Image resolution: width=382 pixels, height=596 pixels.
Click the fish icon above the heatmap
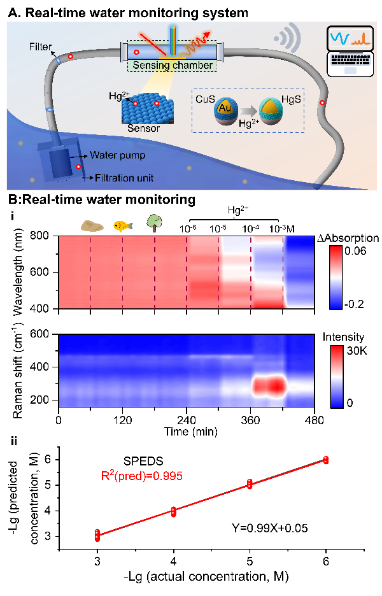(122, 225)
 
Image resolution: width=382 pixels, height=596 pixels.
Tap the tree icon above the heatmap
(154, 223)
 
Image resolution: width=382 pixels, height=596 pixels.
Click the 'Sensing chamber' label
(172, 64)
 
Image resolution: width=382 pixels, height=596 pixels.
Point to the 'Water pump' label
(113, 154)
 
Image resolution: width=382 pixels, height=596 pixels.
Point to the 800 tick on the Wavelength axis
(47, 236)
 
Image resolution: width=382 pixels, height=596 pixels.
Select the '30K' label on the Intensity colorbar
(355, 350)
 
